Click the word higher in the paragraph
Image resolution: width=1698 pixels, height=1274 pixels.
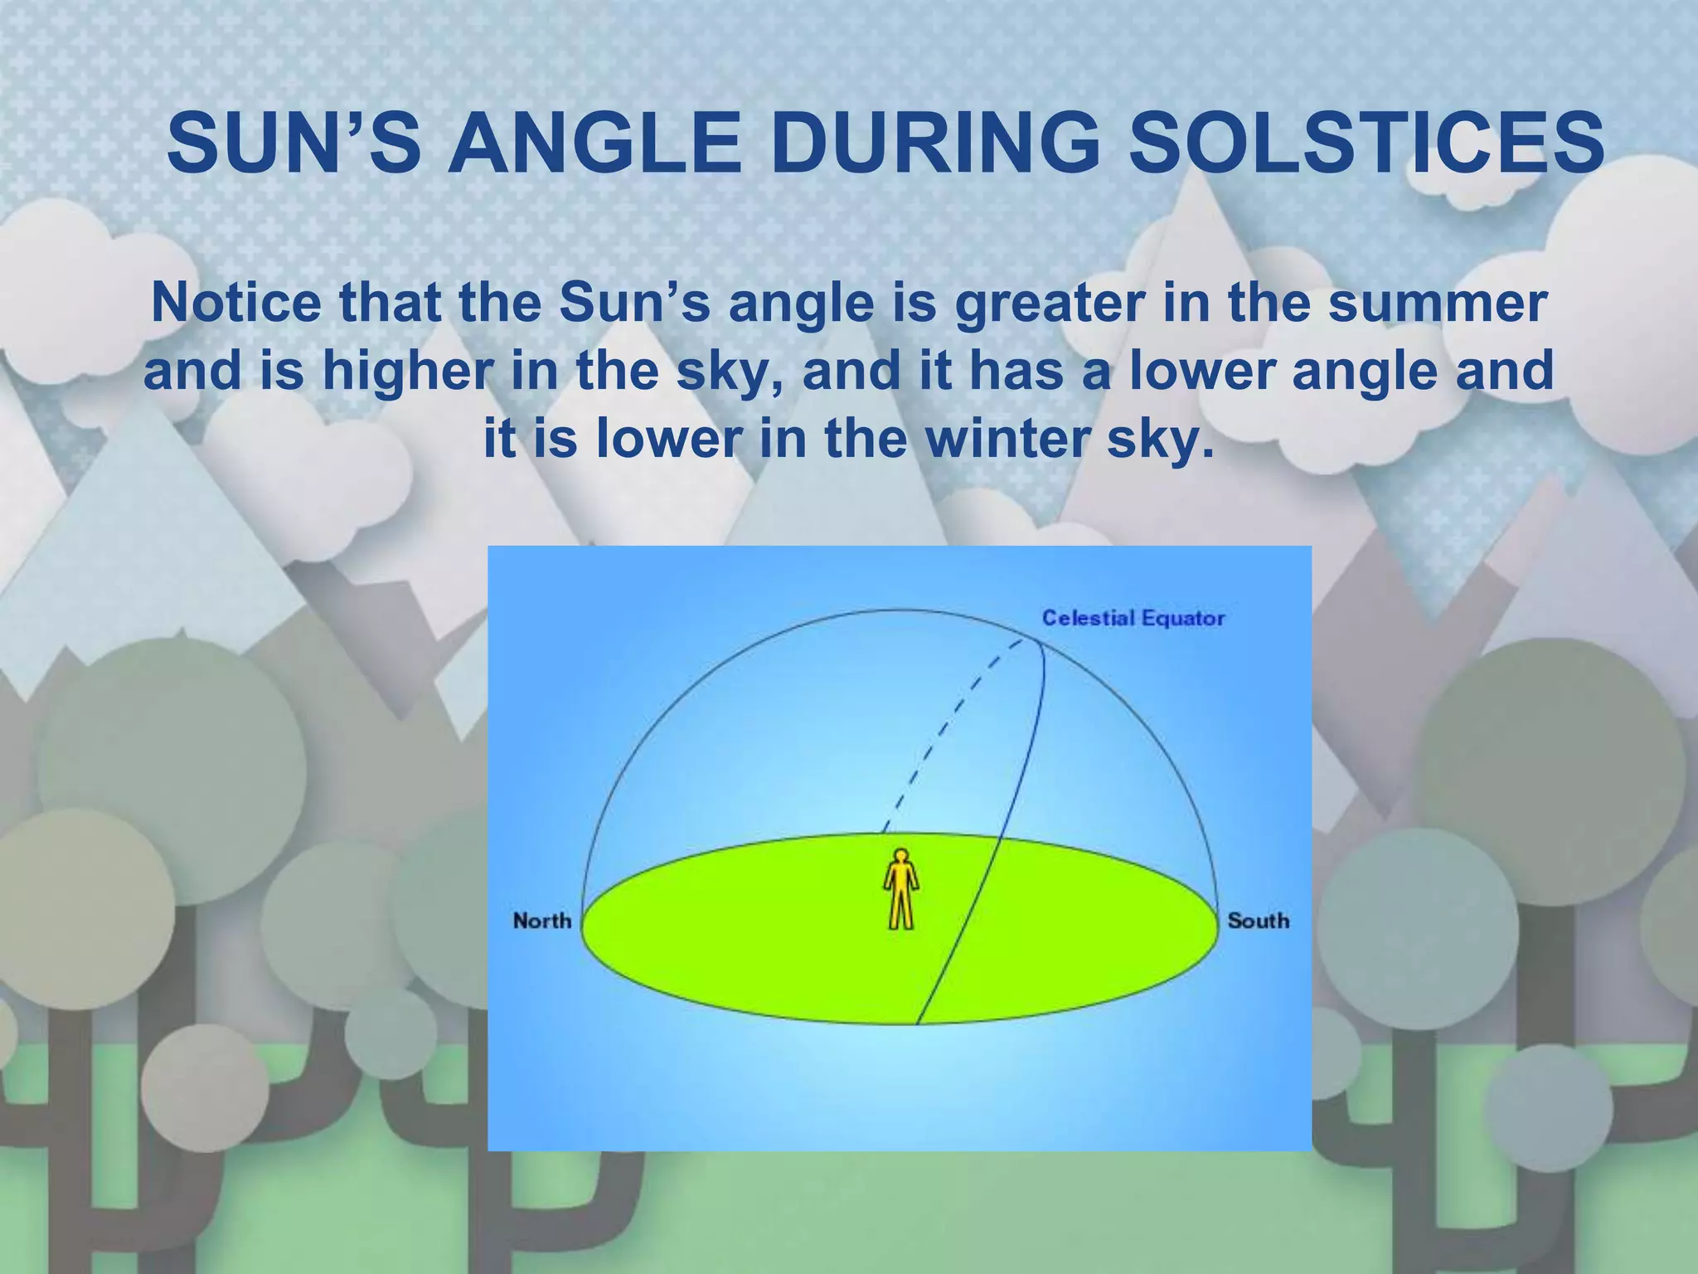(x=410, y=372)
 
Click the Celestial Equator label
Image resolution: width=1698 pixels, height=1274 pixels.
(x=1133, y=618)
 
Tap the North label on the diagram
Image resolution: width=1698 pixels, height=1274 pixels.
(x=541, y=921)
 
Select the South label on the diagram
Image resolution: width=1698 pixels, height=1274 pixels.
(x=1258, y=921)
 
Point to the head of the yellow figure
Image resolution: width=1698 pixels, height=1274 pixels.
(x=900, y=856)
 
